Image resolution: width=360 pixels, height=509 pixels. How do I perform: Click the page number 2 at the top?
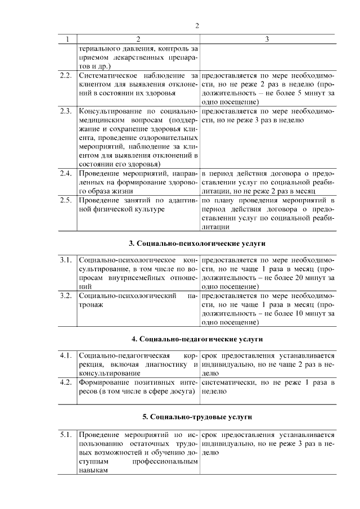(197, 25)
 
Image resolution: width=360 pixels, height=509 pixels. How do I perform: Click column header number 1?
(67, 39)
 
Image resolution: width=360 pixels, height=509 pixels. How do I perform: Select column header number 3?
(267, 39)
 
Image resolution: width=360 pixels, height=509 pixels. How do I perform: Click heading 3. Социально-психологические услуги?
(197, 244)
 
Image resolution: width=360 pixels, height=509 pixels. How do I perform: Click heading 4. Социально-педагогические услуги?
(197, 339)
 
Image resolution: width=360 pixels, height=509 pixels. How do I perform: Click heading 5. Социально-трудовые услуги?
(197, 417)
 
